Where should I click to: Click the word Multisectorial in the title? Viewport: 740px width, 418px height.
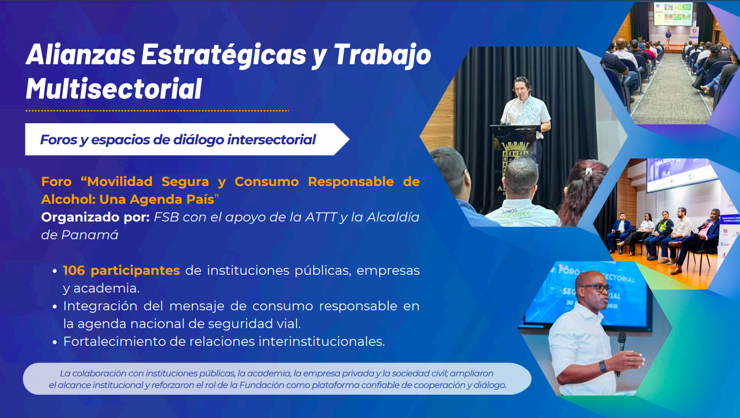point(114,88)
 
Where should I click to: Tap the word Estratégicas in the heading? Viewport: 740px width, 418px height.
point(223,54)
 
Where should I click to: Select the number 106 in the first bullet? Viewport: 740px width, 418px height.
point(74,270)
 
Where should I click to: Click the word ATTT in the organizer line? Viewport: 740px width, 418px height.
point(320,217)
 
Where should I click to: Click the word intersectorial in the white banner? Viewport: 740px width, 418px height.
point(271,140)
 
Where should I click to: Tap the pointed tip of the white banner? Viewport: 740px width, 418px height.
point(349,139)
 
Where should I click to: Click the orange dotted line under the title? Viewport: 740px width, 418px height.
point(157,110)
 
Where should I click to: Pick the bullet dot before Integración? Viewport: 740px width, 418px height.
point(55,306)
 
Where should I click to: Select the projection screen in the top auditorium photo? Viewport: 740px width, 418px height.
point(673,14)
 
